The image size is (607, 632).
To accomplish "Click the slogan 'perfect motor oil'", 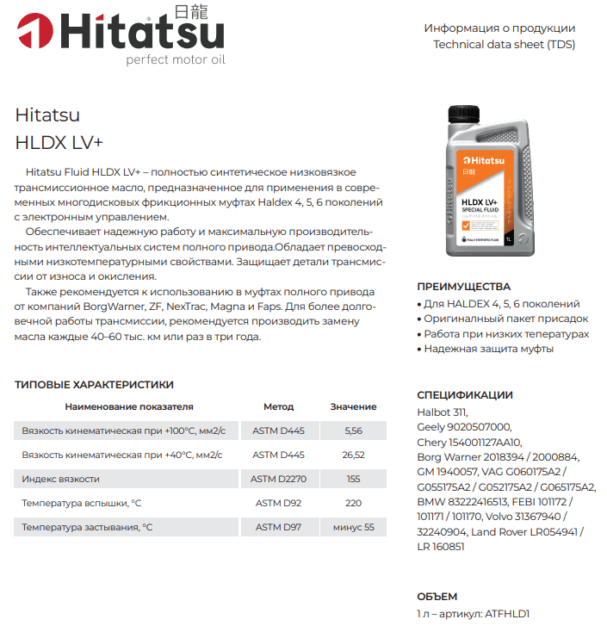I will coord(175,60).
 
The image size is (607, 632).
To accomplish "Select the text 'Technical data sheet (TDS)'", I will coord(504,44).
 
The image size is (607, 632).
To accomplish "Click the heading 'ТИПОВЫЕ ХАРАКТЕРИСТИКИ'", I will coord(95,385).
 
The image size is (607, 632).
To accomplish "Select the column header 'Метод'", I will coord(278,406).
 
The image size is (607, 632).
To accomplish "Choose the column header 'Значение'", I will coord(353,406).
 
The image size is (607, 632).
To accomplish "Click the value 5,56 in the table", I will coord(353,431).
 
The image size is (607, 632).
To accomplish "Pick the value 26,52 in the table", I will coord(353,455).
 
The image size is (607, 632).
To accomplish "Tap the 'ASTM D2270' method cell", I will coord(278,479).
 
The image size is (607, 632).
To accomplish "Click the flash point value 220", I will coord(353,503).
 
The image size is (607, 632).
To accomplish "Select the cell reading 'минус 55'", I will coord(353,527).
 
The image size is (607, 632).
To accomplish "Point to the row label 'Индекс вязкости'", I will coord(61,479).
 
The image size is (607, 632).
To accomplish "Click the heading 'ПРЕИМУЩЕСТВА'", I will coord(463,287).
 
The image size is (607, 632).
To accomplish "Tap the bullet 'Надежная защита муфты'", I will coord(488,349).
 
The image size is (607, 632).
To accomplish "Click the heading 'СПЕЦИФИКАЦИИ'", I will coord(465,395).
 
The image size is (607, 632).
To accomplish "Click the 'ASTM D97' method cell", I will coord(278,527).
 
